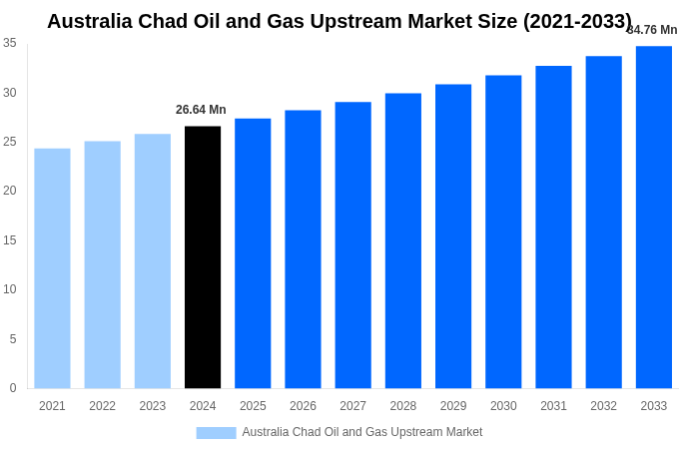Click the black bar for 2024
tap(203, 257)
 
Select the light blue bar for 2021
tap(52, 268)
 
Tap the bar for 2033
tap(654, 218)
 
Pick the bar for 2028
tap(403, 240)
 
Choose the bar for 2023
tap(153, 261)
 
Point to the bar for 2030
tap(503, 231)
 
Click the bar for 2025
tap(253, 253)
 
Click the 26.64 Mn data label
tap(201, 110)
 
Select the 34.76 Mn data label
tap(652, 30)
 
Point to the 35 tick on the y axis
tap(10, 43)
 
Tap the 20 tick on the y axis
tap(10, 191)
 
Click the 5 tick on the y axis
tap(13, 339)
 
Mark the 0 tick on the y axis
tap(13, 388)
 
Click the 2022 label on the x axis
tap(102, 406)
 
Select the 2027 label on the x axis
tap(352, 406)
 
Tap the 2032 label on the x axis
tap(603, 406)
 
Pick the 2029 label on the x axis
tap(453, 406)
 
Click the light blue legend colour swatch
tap(216, 433)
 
